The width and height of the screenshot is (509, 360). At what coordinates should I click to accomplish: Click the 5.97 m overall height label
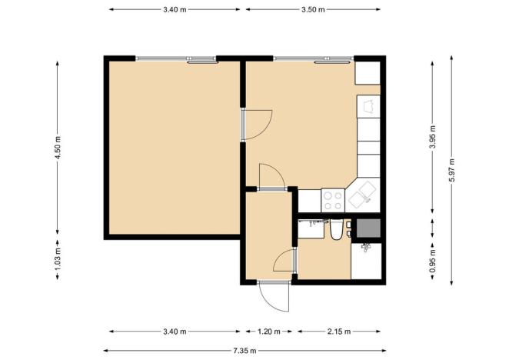(x=453, y=169)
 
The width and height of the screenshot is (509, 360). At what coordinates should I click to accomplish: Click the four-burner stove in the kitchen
(x=333, y=200)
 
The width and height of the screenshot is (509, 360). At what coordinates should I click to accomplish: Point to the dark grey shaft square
(x=366, y=228)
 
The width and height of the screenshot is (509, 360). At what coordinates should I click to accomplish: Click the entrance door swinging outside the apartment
(x=273, y=296)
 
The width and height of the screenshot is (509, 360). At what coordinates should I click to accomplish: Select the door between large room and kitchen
(x=258, y=125)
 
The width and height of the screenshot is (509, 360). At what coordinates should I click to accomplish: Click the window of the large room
(x=176, y=58)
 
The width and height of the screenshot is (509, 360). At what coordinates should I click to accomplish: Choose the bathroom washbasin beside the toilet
(x=311, y=228)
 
